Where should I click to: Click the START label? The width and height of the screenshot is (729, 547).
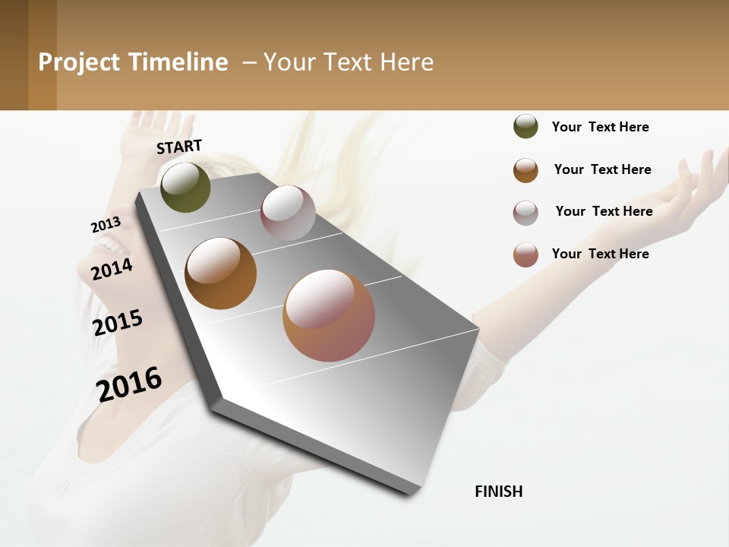pyautogui.click(x=179, y=147)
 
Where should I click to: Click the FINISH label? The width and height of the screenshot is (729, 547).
pyautogui.click(x=498, y=492)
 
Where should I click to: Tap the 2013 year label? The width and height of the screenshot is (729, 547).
pyautogui.click(x=106, y=225)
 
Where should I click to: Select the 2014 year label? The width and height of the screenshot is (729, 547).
pyautogui.click(x=112, y=269)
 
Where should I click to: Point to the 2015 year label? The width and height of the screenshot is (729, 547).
pyautogui.click(x=118, y=323)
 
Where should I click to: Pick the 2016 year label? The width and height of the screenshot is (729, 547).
pyautogui.click(x=129, y=384)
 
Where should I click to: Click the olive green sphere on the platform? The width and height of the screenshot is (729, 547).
pyautogui.click(x=185, y=187)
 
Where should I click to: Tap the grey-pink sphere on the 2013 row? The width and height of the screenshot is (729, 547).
pyautogui.click(x=288, y=213)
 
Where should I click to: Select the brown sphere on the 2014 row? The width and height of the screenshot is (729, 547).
pyautogui.click(x=220, y=273)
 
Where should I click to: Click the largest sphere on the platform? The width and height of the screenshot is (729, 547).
pyautogui.click(x=329, y=315)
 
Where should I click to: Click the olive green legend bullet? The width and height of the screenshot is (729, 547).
pyautogui.click(x=525, y=126)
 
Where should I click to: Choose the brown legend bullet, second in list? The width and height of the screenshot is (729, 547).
pyautogui.click(x=525, y=170)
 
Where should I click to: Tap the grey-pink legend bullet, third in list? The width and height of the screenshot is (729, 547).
pyautogui.click(x=525, y=213)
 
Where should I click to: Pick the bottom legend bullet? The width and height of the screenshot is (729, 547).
pyautogui.click(x=525, y=255)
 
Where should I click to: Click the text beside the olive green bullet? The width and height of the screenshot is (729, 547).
pyautogui.click(x=600, y=127)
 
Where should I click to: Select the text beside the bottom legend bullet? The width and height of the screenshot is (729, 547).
pyautogui.click(x=600, y=254)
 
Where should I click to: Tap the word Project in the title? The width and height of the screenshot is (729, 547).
pyautogui.click(x=79, y=62)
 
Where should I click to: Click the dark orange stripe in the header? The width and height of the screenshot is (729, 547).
pyautogui.click(x=42, y=55)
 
